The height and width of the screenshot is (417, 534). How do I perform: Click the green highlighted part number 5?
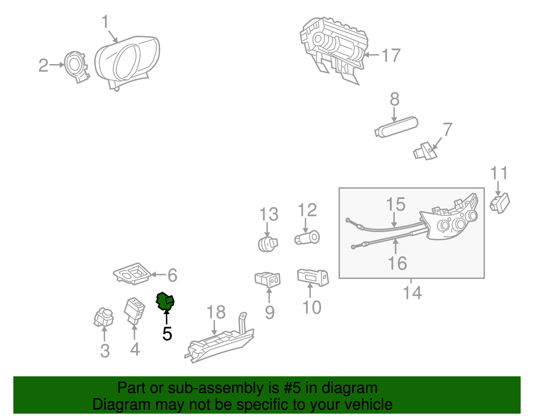165,301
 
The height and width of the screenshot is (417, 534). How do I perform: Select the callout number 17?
391,55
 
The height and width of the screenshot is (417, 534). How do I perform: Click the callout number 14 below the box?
413,292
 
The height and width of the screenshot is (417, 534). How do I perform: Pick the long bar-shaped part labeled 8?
396,127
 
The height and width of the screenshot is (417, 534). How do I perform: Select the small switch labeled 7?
425,151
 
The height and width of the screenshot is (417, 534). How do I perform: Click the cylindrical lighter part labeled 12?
307,238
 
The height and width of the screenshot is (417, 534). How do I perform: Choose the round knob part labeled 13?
268,244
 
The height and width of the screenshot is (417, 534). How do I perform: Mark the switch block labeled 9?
267,280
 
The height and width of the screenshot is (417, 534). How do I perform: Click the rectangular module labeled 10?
313,277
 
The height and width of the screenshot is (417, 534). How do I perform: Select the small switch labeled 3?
103,318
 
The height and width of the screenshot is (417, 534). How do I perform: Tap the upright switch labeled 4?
134,311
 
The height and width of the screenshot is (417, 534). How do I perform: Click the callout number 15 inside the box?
395,204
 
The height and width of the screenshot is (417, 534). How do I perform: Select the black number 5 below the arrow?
167,334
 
